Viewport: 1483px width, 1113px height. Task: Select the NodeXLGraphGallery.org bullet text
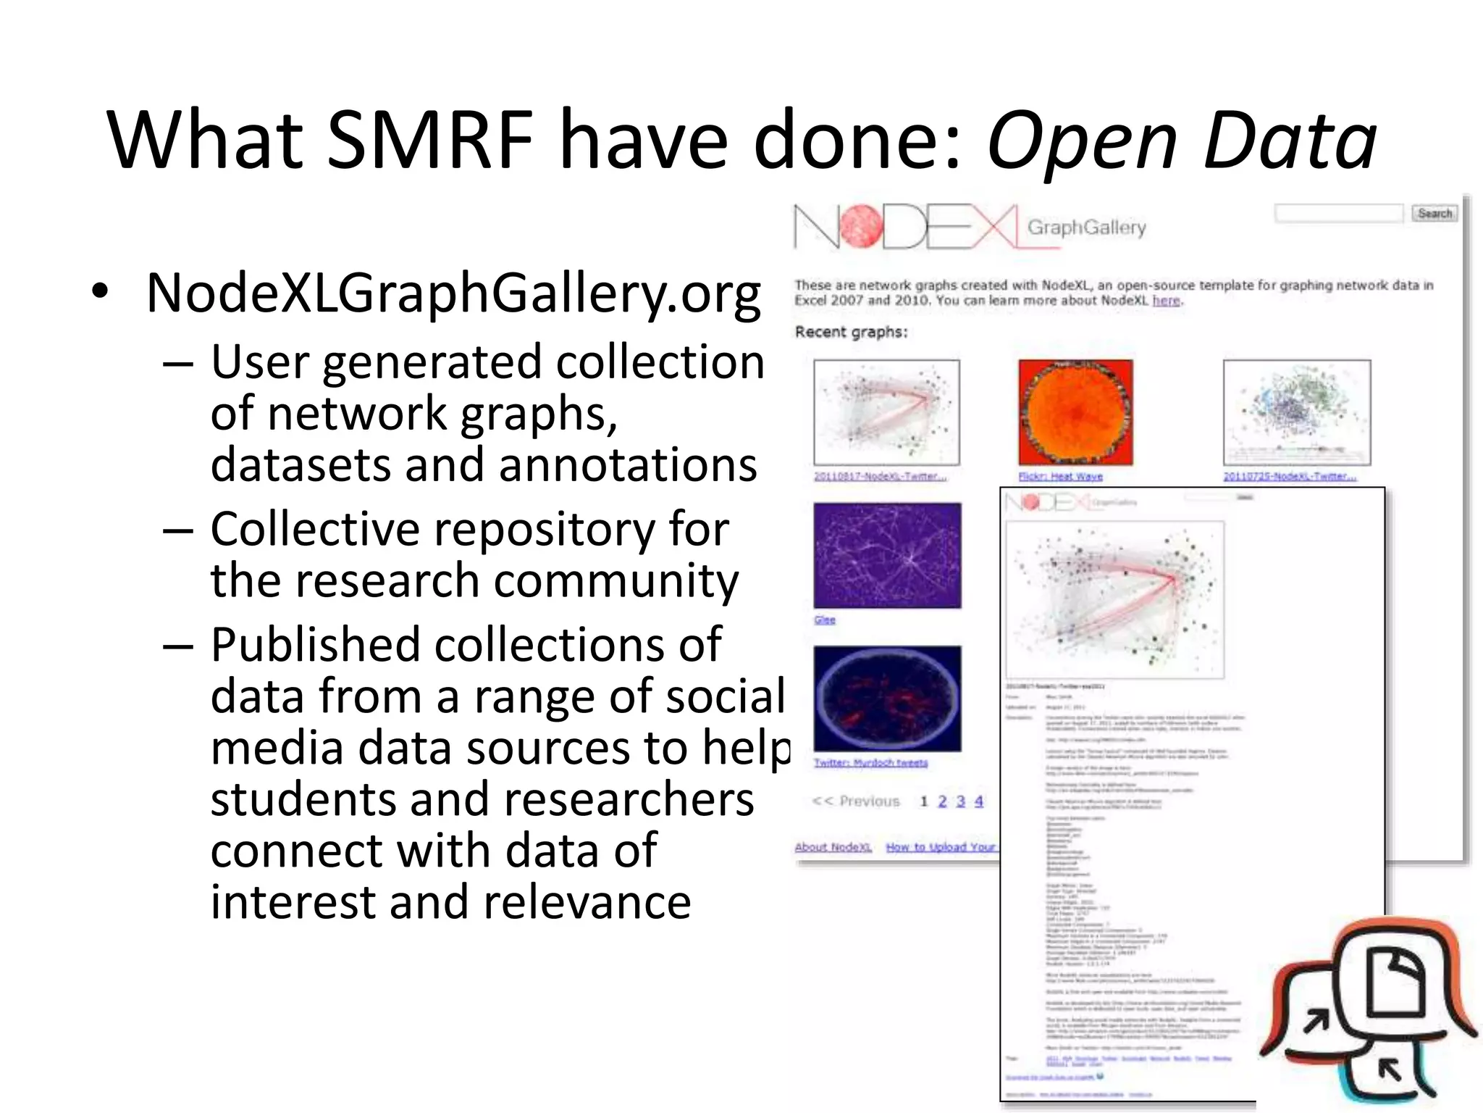pyautogui.click(x=453, y=293)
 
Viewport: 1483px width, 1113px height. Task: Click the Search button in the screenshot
pyautogui.click(x=1434, y=213)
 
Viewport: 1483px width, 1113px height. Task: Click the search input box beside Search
pyautogui.click(x=1338, y=213)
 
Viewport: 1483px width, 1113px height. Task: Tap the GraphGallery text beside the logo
pyautogui.click(x=1086, y=228)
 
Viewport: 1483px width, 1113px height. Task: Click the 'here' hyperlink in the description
pyautogui.click(x=1165, y=301)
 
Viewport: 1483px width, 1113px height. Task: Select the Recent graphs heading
pyautogui.click(x=851, y=332)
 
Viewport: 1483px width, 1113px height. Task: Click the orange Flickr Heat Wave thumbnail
pyautogui.click(x=1075, y=412)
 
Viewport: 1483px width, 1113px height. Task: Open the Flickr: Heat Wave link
pyautogui.click(x=1060, y=476)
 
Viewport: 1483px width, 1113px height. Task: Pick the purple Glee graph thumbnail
pyautogui.click(x=887, y=555)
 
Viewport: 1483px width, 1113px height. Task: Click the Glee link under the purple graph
pyautogui.click(x=824, y=620)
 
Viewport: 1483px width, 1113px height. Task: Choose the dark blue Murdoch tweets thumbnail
pyautogui.click(x=887, y=699)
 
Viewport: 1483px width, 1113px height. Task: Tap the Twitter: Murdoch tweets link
pyautogui.click(x=870, y=762)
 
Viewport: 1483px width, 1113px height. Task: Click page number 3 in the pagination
pyautogui.click(x=960, y=801)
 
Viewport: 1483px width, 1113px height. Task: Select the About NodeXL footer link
pyautogui.click(x=833, y=847)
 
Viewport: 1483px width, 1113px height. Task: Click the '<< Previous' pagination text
pyautogui.click(x=856, y=801)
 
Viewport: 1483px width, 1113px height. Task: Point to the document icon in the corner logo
pyautogui.click(x=1394, y=983)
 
